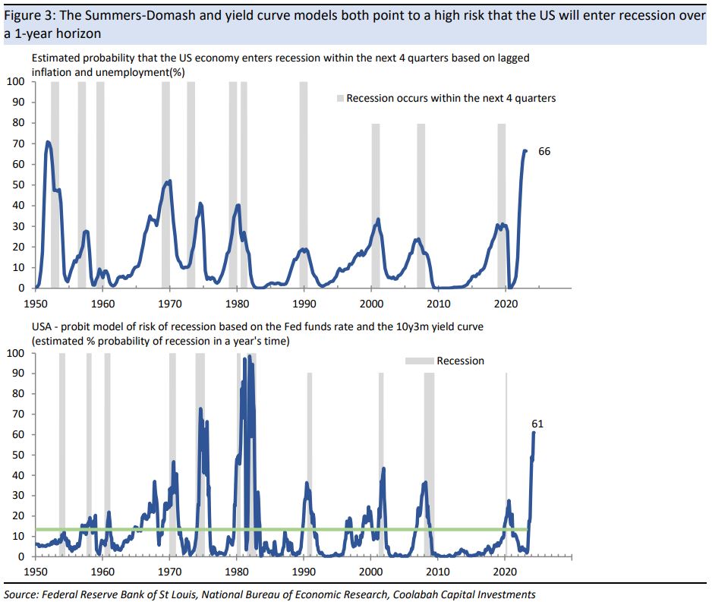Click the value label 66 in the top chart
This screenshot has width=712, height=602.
tap(543, 152)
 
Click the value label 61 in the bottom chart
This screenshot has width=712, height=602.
tap(537, 424)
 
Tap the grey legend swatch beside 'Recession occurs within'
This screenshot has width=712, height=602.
tap(341, 99)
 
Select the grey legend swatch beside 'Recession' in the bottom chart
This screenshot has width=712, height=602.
tap(420, 361)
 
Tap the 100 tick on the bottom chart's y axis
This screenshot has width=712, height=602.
tap(16, 353)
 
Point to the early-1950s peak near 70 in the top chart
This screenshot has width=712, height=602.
tap(49, 142)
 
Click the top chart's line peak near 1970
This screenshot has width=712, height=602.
tap(169, 181)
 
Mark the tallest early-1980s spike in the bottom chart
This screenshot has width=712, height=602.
tap(249, 356)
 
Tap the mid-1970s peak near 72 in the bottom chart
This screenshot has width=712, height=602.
tap(200, 409)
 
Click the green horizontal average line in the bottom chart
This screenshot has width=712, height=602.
tap(304, 529)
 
